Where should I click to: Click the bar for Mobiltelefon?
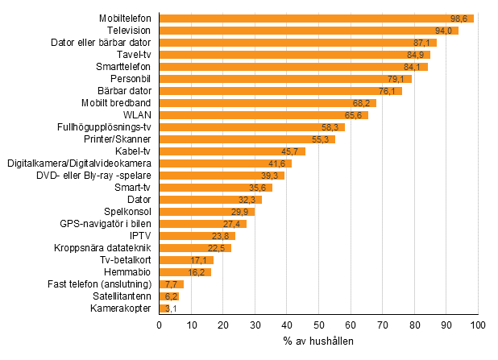pyautogui.click(x=316, y=18)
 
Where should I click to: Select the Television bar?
pyautogui.click(x=309, y=30)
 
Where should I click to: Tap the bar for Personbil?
pyautogui.click(x=285, y=78)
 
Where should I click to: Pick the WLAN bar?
pyautogui.click(x=264, y=114)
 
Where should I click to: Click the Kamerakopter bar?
pyautogui.click(x=164, y=308)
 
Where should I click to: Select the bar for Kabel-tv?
pyautogui.click(x=232, y=151)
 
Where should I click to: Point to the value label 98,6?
pyautogui.click(x=462, y=18)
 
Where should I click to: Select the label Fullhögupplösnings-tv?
pyautogui.click(x=110, y=126)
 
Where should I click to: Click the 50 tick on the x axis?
pyautogui.click(x=318, y=325)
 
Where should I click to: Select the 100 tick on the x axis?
pyautogui.click(x=478, y=325)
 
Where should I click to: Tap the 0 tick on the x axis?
pyautogui.click(x=160, y=325)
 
